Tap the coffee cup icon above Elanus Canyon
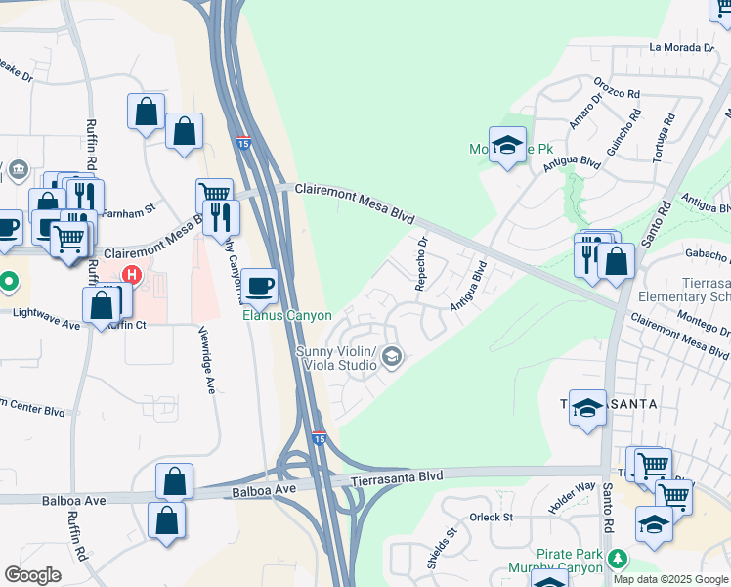258,287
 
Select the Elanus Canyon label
287,316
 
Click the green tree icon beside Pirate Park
617,559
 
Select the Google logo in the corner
33,575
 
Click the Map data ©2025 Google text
670,578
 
